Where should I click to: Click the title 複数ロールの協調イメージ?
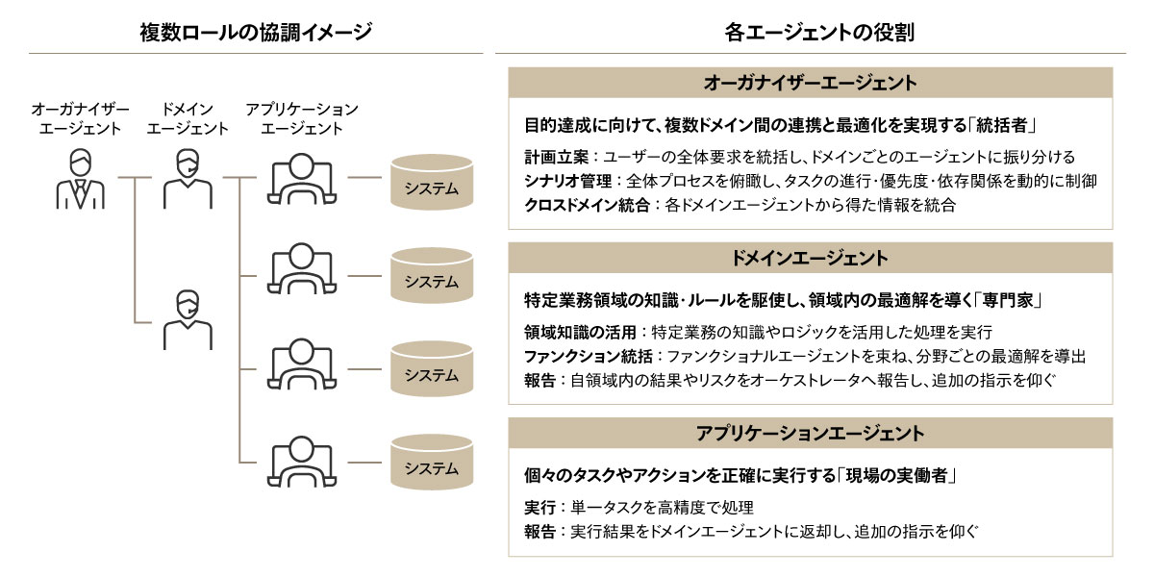256,32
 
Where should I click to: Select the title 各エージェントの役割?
819,32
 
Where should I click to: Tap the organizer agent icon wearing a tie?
81,179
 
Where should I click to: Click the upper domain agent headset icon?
188,179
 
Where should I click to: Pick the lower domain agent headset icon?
188,320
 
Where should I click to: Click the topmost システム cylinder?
432,182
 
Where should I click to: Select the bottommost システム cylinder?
432,463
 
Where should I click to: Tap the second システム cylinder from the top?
432,276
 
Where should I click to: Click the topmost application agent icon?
302,179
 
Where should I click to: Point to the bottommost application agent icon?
302,462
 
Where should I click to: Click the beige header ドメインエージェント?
811,258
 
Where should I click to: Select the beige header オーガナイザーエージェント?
811,83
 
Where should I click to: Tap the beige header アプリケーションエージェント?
811,434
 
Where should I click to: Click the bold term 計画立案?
557,157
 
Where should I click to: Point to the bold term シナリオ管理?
567,181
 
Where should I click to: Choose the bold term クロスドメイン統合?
587,205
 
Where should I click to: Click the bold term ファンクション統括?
589,356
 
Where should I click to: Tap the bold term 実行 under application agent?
539,508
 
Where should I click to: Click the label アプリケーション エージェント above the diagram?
302,118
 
